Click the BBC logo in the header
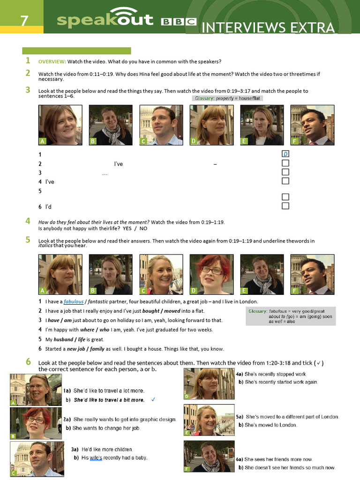point(179,22)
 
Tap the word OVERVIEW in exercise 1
point(52,61)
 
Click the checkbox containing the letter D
point(285,154)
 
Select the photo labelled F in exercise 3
point(312,125)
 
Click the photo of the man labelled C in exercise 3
point(161,125)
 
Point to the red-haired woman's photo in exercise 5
point(211,274)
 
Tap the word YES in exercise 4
point(127,228)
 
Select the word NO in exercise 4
point(143,228)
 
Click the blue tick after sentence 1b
point(153,399)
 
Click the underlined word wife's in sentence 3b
point(96,457)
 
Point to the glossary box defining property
point(227,98)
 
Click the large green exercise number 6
point(28,362)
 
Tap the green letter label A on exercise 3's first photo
point(43,141)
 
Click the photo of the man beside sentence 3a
point(37,458)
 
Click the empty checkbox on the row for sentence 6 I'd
point(285,206)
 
